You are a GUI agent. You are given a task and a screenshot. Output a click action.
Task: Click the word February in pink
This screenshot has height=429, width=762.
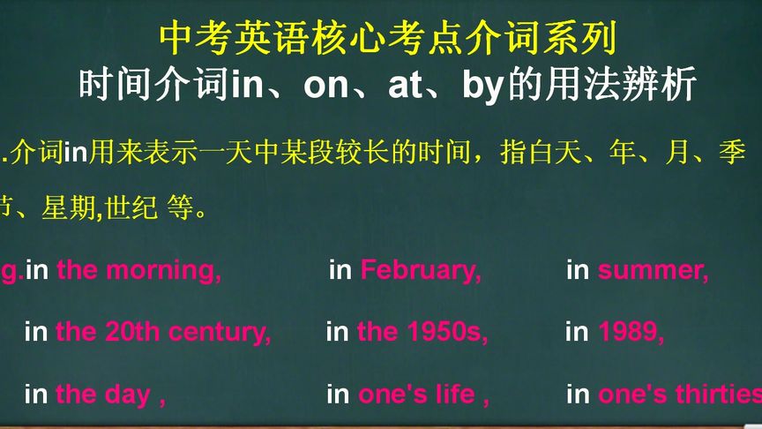[421, 270]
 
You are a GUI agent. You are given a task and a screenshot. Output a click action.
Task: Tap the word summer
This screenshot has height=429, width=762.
[653, 270]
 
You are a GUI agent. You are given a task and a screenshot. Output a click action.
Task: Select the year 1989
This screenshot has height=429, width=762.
[631, 332]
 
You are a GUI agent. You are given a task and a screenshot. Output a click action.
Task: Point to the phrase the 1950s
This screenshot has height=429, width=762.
[422, 332]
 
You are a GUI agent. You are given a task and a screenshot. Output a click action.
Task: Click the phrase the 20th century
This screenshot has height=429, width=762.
[163, 332]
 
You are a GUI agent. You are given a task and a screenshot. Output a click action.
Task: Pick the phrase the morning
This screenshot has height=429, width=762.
[138, 270]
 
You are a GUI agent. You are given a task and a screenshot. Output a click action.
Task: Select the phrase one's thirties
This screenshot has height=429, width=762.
[679, 394]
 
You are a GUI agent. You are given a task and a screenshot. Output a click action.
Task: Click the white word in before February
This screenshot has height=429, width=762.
[340, 270]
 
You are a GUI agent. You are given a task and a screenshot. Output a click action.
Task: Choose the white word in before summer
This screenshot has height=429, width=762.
[578, 270]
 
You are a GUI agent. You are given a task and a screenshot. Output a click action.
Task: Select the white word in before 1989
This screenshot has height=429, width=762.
[577, 332]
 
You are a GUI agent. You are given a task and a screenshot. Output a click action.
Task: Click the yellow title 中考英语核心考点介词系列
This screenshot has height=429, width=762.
[387, 38]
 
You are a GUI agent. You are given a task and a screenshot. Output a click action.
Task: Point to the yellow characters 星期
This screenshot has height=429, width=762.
[77, 210]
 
